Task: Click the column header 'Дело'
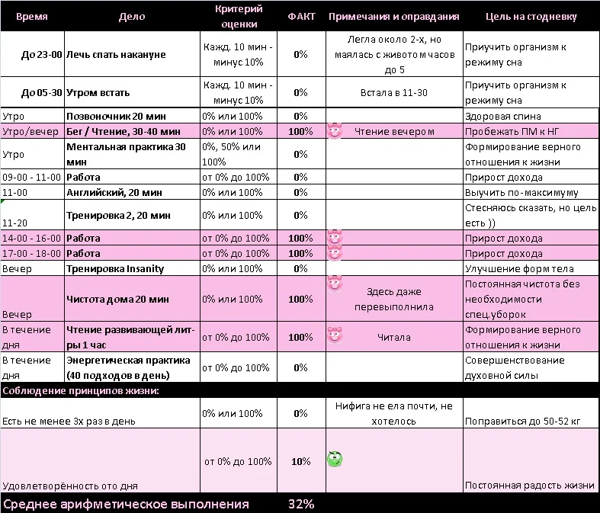point(132,17)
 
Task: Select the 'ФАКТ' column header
point(300,17)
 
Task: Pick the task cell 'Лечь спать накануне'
point(116,55)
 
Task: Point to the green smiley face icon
point(334,459)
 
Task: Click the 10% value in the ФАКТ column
point(300,462)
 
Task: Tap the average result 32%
point(300,504)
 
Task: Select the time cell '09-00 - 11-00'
point(31,178)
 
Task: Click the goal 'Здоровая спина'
point(502,117)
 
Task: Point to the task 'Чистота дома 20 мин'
point(117,300)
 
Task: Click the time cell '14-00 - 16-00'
point(31,239)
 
